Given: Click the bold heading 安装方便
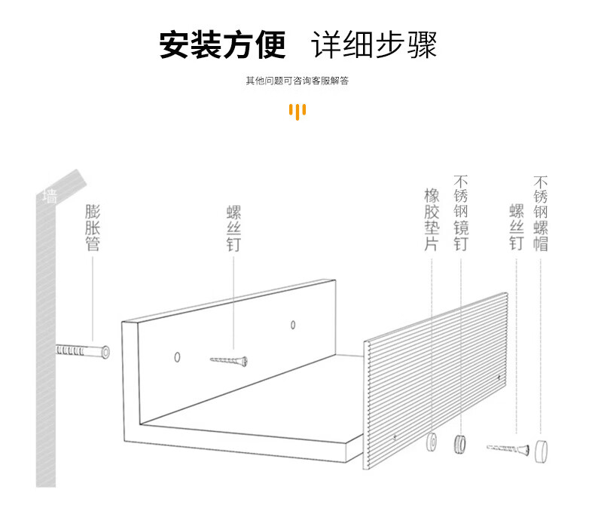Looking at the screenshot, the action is tap(222, 45).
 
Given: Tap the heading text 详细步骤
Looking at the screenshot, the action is tap(374, 45).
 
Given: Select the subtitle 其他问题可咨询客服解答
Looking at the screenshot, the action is tap(297, 81).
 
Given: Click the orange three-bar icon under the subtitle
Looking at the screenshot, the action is tap(297, 112).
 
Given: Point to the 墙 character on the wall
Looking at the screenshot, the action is tap(50, 197).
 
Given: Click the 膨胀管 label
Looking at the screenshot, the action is tap(93, 227).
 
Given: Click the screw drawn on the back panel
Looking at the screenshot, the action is tap(229, 361).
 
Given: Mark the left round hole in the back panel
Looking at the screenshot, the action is tap(178, 356).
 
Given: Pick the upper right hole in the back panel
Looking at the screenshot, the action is tap(293, 326).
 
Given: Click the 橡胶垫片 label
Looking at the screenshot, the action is tap(432, 221).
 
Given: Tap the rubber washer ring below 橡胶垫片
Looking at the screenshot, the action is tap(433, 442).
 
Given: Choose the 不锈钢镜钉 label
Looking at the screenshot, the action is tap(461, 214).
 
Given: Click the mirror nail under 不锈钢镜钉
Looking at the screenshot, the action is tap(459, 444).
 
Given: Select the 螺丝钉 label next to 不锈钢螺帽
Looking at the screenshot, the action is tap(516, 227).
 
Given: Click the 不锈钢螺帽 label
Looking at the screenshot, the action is tap(540, 214).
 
